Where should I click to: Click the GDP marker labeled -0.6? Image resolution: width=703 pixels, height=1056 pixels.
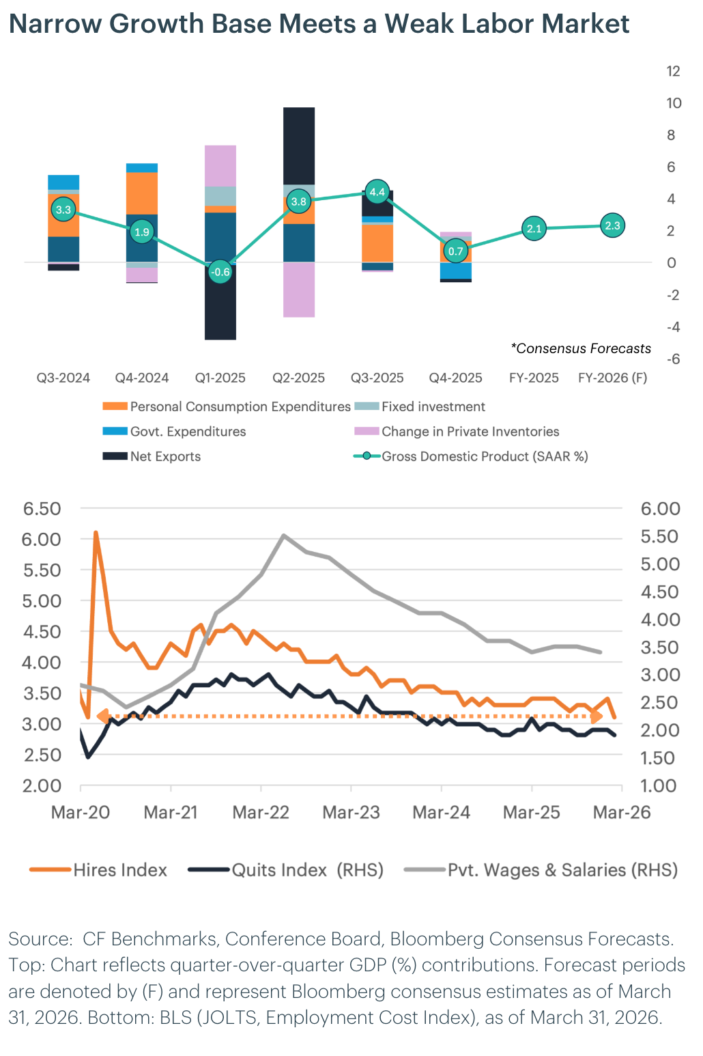[220, 272]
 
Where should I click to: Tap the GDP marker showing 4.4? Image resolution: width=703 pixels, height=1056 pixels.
[377, 192]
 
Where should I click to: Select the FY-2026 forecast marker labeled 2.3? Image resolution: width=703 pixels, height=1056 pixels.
[613, 225]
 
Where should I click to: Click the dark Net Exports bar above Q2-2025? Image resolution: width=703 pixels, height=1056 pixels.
[299, 145]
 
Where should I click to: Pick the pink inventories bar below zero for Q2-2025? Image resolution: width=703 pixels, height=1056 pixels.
[299, 290]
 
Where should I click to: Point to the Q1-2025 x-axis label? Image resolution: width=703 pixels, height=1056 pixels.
[220, 378]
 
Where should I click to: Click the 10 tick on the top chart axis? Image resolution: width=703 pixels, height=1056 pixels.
[674, 103]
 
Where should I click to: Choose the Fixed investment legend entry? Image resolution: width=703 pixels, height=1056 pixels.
[433, 406]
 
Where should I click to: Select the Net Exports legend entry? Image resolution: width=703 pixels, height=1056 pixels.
[165, 456]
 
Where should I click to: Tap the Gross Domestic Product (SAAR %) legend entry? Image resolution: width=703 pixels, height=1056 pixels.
[484, 456]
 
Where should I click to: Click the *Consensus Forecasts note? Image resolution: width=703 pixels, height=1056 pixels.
[581, 348]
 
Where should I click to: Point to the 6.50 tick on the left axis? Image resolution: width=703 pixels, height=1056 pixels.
[42, 508]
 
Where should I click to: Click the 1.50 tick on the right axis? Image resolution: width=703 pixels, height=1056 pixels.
[658, 758]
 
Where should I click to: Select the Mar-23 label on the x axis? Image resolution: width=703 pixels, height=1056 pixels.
[351, 812]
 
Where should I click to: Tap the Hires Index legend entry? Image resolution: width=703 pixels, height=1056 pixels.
[119, 870]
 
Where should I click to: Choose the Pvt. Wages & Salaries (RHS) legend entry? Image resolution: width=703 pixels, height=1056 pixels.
[562, 870]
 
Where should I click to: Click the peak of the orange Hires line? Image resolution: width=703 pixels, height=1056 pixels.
[96, 532]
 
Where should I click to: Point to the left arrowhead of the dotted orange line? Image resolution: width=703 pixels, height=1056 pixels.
[102, 717]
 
